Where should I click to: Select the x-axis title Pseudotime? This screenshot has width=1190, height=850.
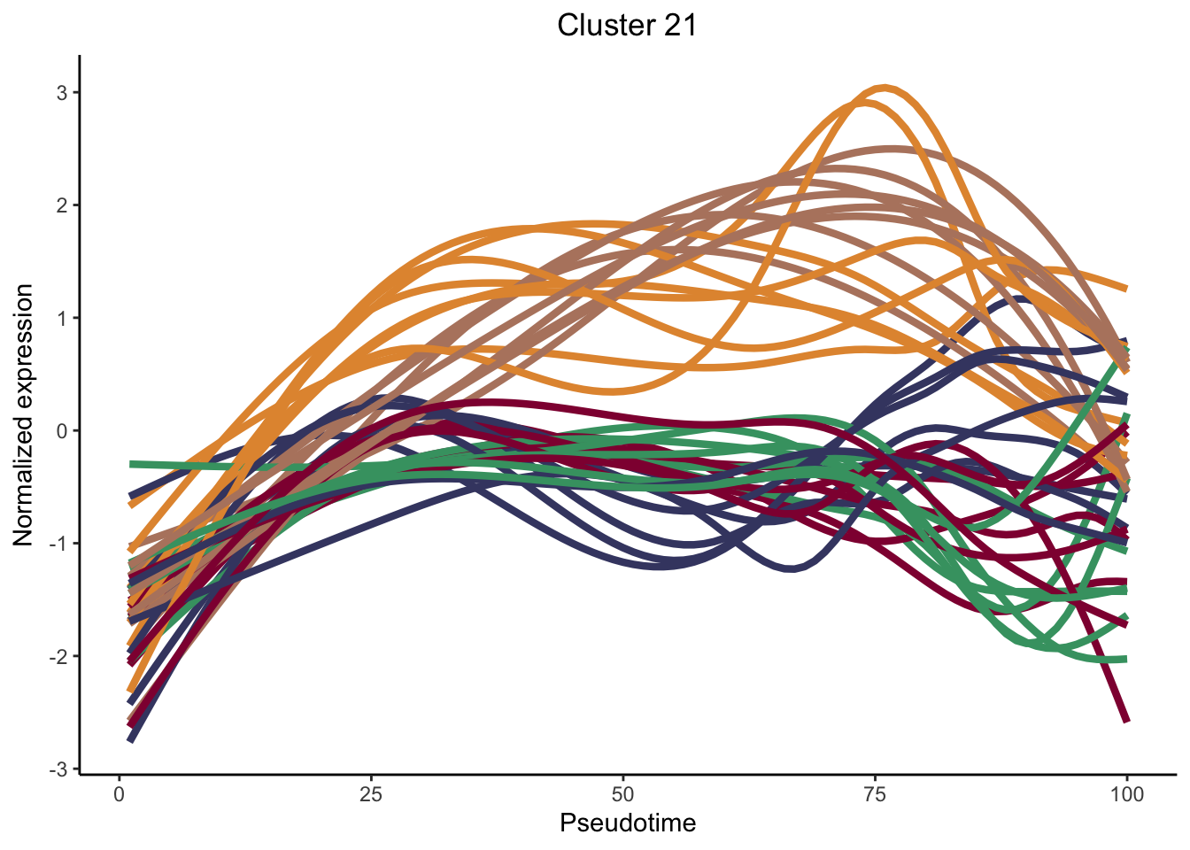(x=628, y=823)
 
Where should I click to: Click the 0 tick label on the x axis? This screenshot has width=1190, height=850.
(x=120, y=794)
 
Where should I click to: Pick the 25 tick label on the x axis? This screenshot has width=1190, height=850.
(x=371, y=794)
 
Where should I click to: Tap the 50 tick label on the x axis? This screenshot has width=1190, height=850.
(x=623, y=794)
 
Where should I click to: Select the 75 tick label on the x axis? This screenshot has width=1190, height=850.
(x=875, y=794)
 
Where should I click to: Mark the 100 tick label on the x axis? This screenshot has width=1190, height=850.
(x=1126, y=794)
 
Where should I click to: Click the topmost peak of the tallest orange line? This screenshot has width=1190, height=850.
(x=885, y=87)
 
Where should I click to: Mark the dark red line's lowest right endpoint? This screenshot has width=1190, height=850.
(x=1126, y=721)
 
